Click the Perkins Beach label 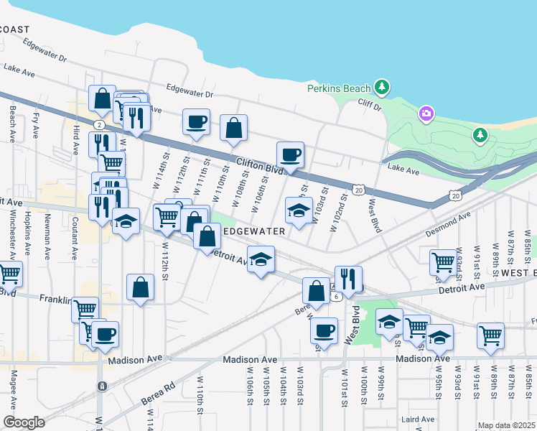(x=339, y=88)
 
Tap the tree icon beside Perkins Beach (x=383, y=88)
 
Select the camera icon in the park (x=426, y=113)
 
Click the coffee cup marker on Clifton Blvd (x=290, y=154)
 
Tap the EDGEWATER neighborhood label (x=254, y=231)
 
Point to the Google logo (x=24, y=422)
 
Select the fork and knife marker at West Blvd (x=348, y=279)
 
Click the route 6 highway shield (x=335, y=295)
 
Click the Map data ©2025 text (x=505, y=425)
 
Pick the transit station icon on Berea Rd (x=102, y=386)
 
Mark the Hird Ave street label (x=75, y=139)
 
